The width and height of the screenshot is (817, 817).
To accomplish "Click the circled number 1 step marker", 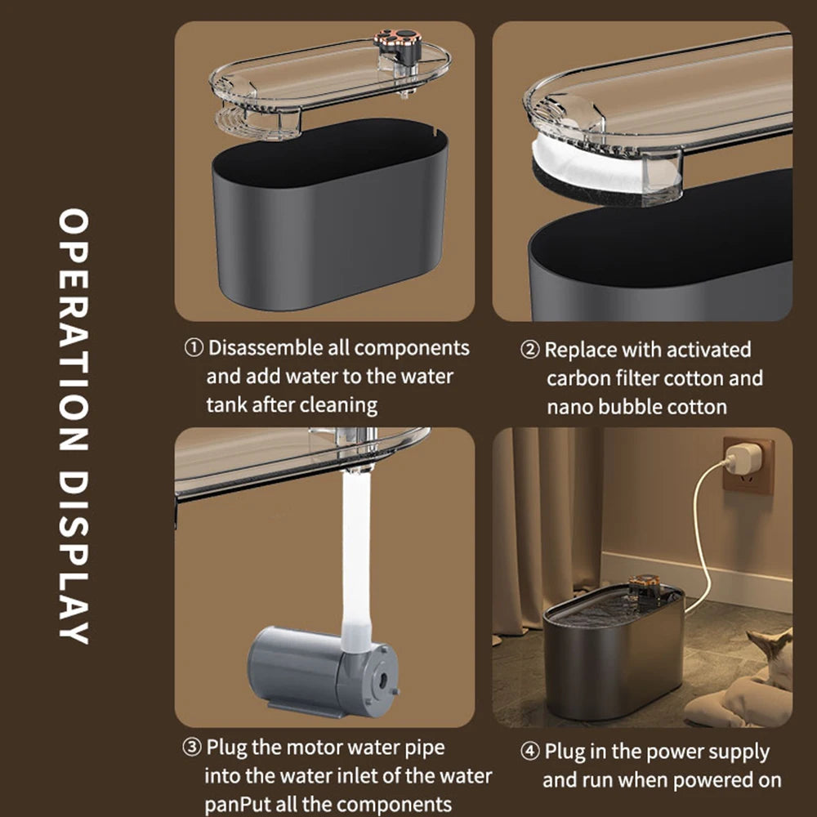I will pyautogui.click(x=194, y=348).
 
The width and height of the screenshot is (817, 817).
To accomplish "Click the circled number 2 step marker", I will pyautogui.click(x=531, y=350).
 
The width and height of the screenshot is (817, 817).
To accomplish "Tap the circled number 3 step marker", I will pyautogui.click(x=191, y=748).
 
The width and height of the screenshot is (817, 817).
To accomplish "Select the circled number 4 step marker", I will pyautogui.click(x=531, y=752).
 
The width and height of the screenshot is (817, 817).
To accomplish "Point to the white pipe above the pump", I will pyautogui.click(x=357, y=556).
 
